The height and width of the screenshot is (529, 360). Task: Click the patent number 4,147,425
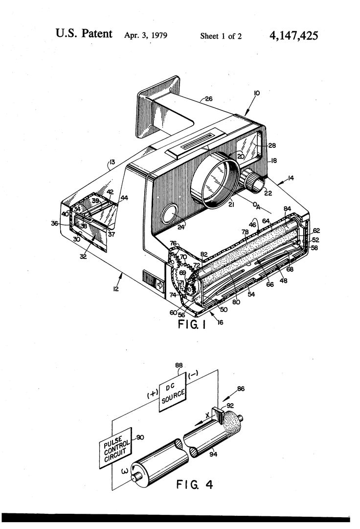coord(293,35)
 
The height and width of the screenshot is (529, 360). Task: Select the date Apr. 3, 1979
coord(146,35)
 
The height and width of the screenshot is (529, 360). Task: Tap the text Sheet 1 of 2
coord(221,36)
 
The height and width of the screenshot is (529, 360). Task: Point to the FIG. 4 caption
coord(195,485)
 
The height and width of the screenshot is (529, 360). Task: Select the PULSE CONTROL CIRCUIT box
coord(115,448)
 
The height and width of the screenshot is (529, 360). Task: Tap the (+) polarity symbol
coord(153,394)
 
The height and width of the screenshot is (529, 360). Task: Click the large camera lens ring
coord(215,180)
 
